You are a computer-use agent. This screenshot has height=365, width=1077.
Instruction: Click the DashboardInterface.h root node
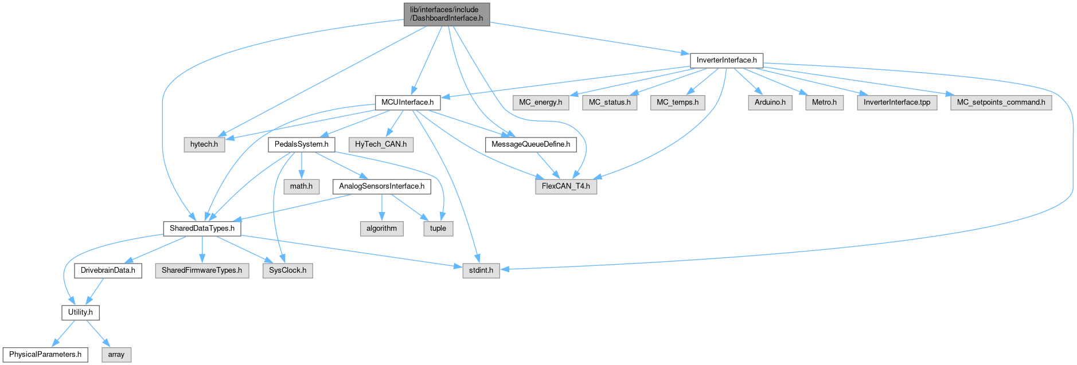(x=447, y=14)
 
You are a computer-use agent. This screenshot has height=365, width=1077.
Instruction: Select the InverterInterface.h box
(x=726, y=60)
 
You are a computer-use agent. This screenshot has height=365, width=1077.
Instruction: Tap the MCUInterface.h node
(x=407, y=102)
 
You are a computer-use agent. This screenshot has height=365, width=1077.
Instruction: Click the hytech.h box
(x=204, y=144)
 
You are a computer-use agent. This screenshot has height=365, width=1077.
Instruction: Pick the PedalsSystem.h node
(x=301, y=144)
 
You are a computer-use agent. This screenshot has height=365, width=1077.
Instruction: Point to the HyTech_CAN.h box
(x=380, y=144)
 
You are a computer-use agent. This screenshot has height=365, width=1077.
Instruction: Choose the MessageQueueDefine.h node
(x=530, y=144)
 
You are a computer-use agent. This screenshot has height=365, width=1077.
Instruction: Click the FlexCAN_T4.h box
(x=565, y=186)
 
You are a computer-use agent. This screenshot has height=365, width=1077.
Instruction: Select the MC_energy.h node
(x=540, y=103)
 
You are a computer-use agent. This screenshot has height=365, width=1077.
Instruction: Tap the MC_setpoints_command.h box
(x=1001, y=103)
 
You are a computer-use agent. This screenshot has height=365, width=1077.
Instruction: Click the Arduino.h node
(x=770, y=103)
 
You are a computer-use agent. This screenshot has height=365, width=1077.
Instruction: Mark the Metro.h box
(x=824, y=103)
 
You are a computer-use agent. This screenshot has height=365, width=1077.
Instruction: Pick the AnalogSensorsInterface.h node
(x=381, y=186)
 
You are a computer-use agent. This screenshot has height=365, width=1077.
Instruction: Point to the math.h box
(x=301, y=186)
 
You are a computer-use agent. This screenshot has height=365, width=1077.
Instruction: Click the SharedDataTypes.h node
(x=202, y=228)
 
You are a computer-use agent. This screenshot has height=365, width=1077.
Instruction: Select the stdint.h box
(x=481, y=270)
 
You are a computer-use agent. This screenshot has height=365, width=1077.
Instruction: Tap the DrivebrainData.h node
(x=108, y=270)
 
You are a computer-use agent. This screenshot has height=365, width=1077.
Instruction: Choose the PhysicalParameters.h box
(x=45, y=355)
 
